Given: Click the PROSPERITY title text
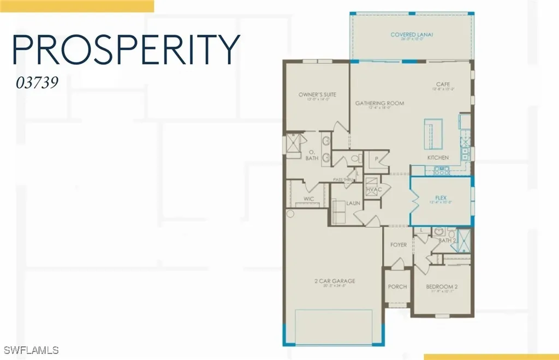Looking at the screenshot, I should pyautogui.click(x=126, y=50).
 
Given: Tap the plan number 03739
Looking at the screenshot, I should pyautogui.click(x=37, y=84).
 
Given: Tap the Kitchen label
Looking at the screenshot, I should pyautogui.click(x=438, y=158).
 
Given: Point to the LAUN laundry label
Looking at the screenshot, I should pyautogui.click(x=353, y=202).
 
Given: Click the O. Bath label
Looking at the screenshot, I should pyautogui.click(x=312, y=155).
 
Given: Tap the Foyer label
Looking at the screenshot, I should pyautogui.click(x=398, y=245).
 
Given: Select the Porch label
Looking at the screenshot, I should pyautogui.click(x=397, y=286).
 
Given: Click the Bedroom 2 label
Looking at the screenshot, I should pyautogui.click(x=442, y=286).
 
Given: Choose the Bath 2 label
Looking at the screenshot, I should pyautogui.click(x=447, y=240).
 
